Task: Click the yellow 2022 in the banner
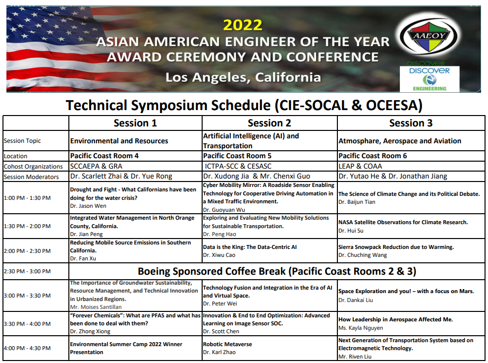(x=243, y=25)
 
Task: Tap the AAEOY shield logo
(x=429, y=36)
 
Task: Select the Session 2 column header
(x=270, y=123)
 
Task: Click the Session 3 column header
(x=411, y=123)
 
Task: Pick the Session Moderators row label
(x=31, y=177)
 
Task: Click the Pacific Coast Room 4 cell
(x=104, y=156)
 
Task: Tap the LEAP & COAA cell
(x=360, y=166)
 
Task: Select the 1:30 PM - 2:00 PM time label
(x=27, y=226)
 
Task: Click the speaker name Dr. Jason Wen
(x=88, y=206)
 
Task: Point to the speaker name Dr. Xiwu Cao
(x=219, y=255)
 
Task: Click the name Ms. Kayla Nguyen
(x=361, y=328)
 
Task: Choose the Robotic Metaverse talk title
(x=227, y=344)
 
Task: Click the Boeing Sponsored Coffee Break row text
(x=277, y=271)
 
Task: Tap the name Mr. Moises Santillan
(x=96, y=307)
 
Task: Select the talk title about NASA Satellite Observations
(x=403, y=222)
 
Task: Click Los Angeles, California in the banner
(x=243, y=77)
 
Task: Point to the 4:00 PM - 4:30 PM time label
(x=27, y=348)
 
